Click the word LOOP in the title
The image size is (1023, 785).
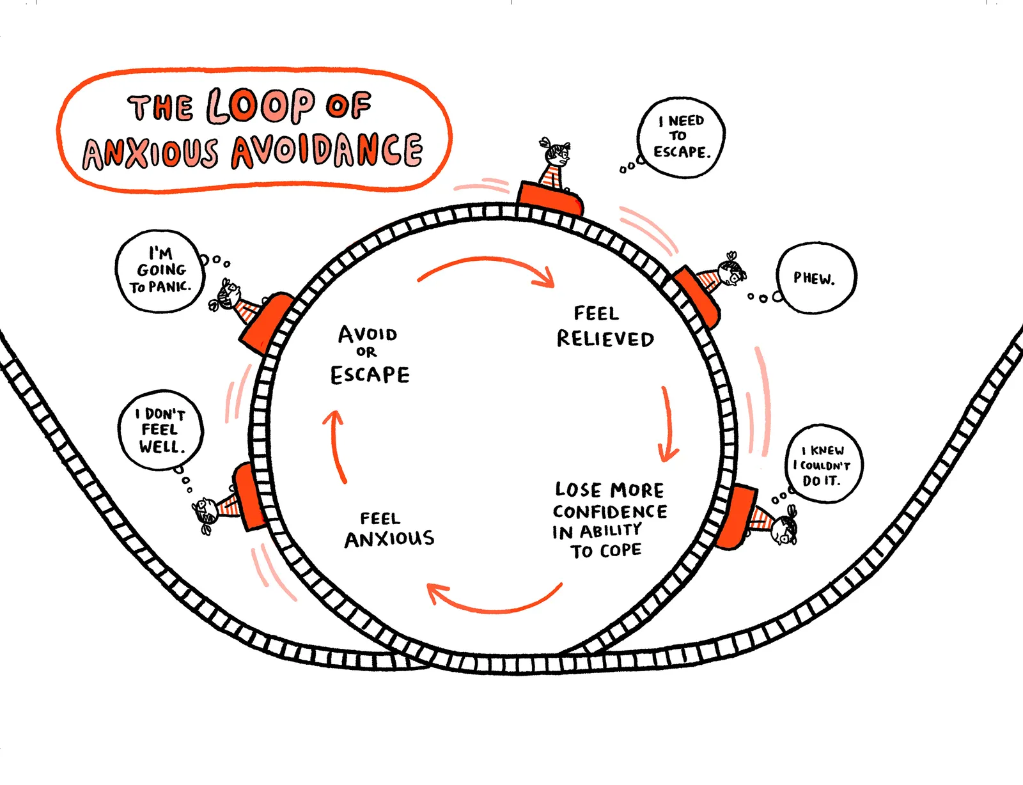(x=261, y=105)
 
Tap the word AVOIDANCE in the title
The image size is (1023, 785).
(x=327, y=151)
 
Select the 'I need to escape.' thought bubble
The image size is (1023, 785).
(x=682, y=137)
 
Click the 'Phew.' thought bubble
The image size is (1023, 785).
(x=815, y=278)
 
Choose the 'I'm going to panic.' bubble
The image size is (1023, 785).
(x=160, y=271)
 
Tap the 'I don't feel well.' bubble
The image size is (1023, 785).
(x=160, y=430)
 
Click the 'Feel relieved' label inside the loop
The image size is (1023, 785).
(x=605, y=327)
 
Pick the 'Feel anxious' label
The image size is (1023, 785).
(x=389, y=530)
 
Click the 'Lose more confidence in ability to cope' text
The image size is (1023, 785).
(x=609, y=520)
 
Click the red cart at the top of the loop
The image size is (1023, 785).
(x=550, y=198)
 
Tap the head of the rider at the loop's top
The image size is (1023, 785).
(x=558, y=154)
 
